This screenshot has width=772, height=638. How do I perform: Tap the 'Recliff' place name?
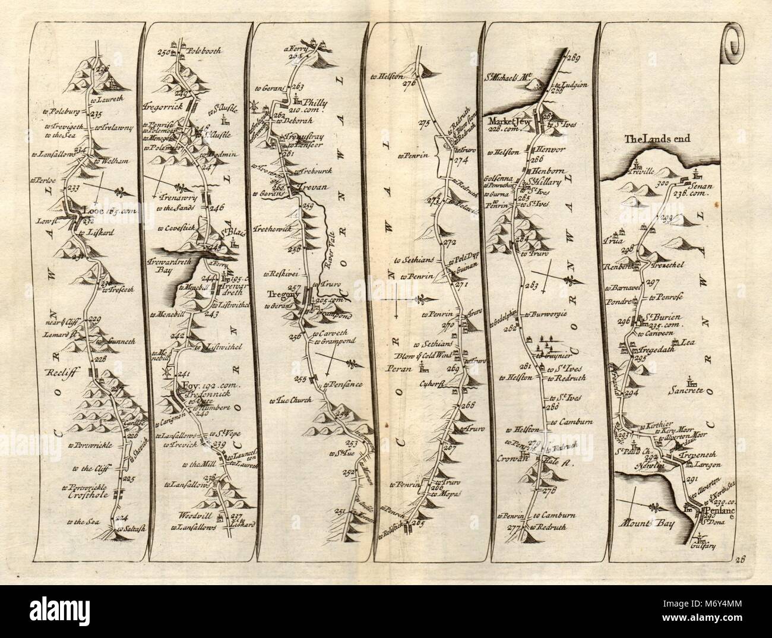click(x=56, y=374)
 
